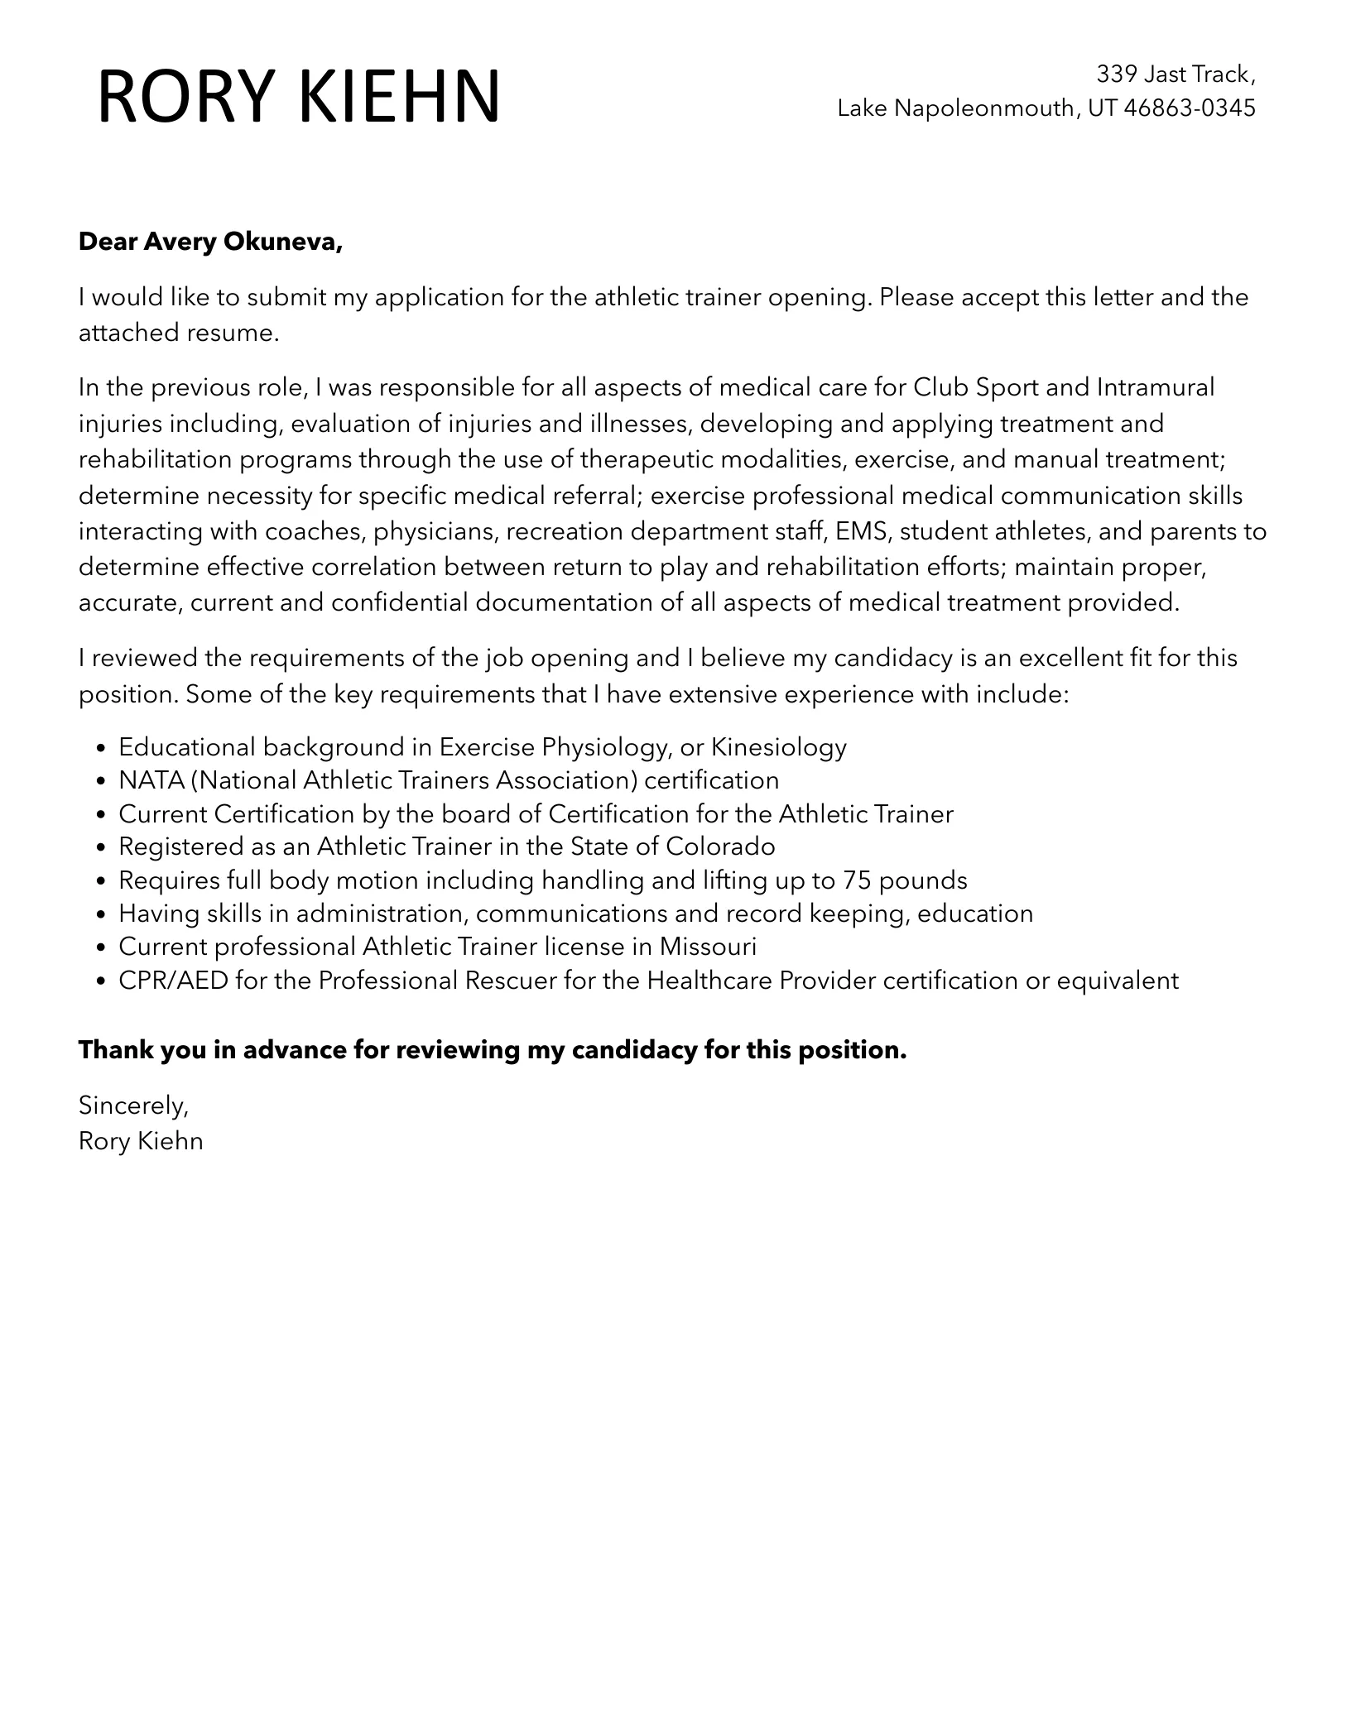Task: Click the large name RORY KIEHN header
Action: pyautogui.click(x=299, y=97)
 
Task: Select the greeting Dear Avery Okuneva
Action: pyautogui.click(x=210, y=242)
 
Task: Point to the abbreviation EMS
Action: pyautogui.click(x=862, y=531)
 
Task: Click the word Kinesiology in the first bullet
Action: pyautogui.click(x=779, y=747)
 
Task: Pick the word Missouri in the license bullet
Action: pyautogui.click(x=708, y=947)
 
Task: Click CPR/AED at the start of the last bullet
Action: pyautogui.click(x=173, y=981)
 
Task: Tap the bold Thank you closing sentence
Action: pyautogui.click(x=493, y=1050)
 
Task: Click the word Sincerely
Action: pyautogui.click(x=133, y=1105)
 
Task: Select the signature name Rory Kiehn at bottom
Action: pyautogui.click(x=141, y=1142)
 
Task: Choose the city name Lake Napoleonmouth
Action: pyautogui.click(x=956, y=108)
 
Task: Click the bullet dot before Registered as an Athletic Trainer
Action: pyautogui.click(x=101, y=848)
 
